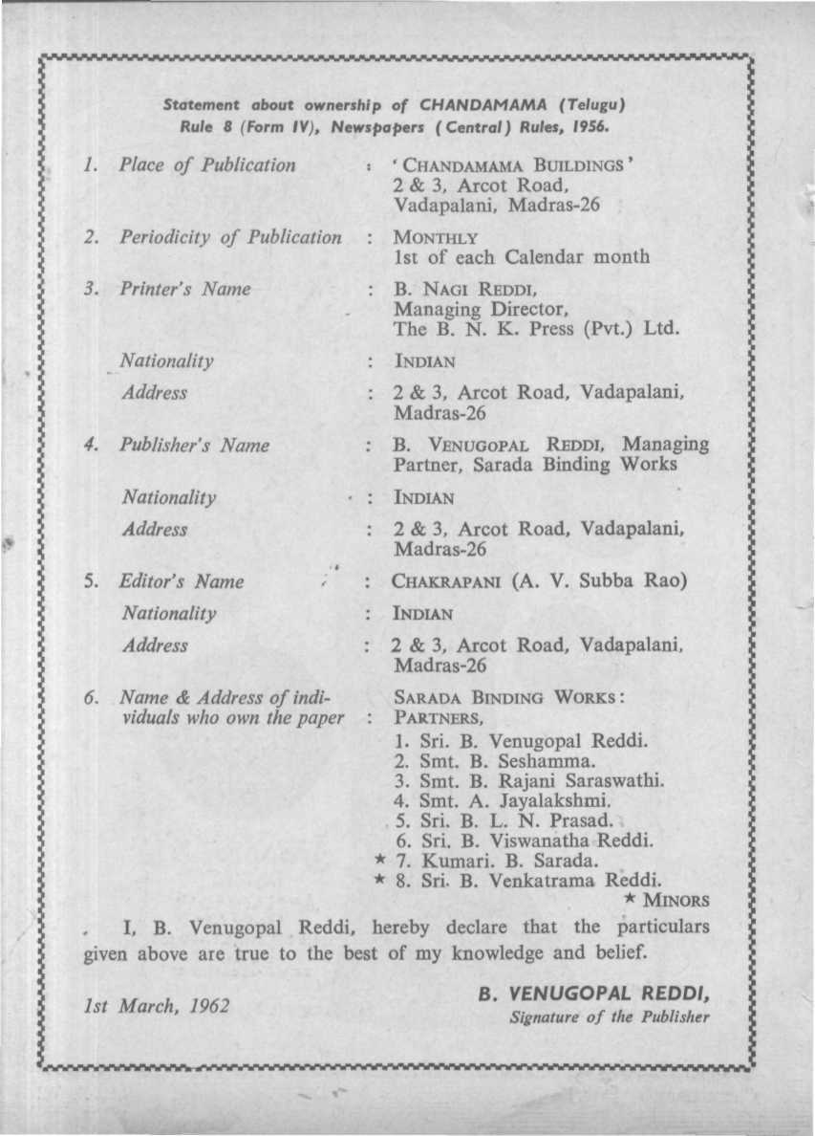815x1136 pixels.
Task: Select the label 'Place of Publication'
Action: (207, 164)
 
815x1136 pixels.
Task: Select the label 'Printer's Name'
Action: (185, 289)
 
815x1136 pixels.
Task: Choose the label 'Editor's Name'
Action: (182, 581)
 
